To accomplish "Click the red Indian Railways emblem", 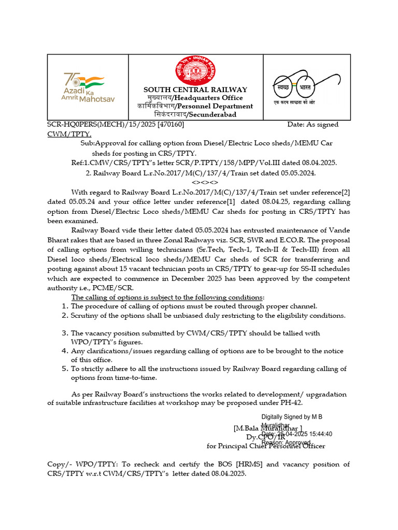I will (x=196, y=69).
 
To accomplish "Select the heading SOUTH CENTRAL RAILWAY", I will (x=195, y=90).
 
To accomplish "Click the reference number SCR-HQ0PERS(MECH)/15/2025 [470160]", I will (x=116, y=125).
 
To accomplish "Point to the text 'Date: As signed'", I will (x=312, y=125).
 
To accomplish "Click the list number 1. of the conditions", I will (x=65, y=306).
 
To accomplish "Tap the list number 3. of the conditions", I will (x=65, y=333).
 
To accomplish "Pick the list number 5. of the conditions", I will (x=65, y=369).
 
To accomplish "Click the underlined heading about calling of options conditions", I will (x=167, y=297).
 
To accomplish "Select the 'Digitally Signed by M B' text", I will (x=295, y=417).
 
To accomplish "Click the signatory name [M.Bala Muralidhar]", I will (x=268, y=428).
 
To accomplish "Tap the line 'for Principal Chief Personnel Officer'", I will (x=266, y=446).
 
